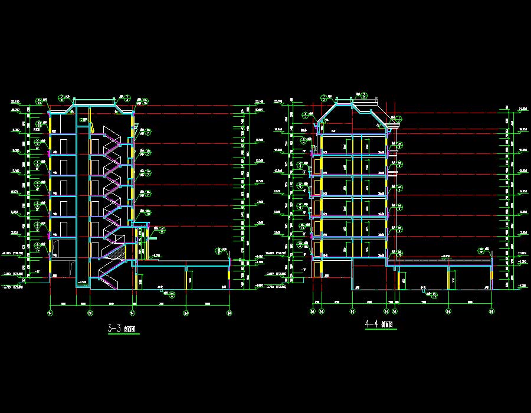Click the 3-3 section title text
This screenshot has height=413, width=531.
click(123, 329)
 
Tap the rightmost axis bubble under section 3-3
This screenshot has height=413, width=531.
click(230, 313)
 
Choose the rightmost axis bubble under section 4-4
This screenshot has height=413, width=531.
click(491, 310)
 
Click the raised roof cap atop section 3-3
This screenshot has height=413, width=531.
click(93, 100)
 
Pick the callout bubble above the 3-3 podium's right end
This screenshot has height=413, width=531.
click(218, 250)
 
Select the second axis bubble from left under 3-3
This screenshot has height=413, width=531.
click(90, 313)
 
